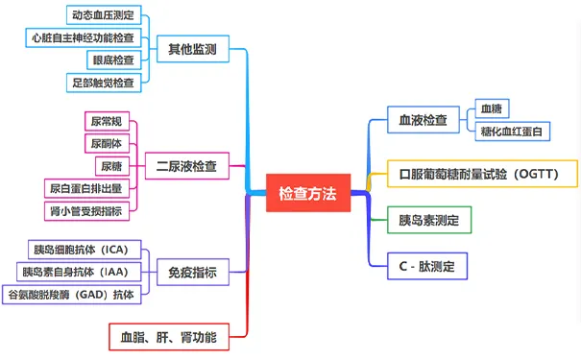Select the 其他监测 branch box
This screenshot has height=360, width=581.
(192, 48)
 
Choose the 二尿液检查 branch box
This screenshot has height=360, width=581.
(186, 166)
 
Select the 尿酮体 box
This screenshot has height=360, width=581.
(107, 143)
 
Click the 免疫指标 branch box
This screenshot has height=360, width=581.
(192, 274)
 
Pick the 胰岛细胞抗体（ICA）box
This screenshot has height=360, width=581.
(85, 250)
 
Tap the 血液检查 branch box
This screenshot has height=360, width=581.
(424, 121)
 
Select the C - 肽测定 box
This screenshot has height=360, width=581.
(426, 265)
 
